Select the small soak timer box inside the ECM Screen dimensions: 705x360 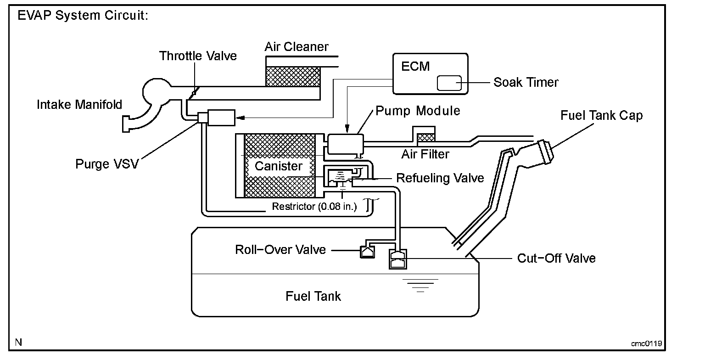coord(449,83)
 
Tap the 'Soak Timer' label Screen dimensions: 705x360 coord(526,82)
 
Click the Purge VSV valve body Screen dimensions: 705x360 coord(221,118)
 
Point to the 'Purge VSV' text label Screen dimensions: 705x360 coord(107,164)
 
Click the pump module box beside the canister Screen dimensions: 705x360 coord(345,144)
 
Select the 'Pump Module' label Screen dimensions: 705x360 coord(418,111)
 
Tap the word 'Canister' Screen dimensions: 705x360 coord(278,166)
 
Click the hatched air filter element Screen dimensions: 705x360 coord(425,138)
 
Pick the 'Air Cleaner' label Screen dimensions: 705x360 coord(296,47)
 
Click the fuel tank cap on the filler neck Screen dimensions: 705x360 coord(546,152)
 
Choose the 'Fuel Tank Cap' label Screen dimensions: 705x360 coord(601,116)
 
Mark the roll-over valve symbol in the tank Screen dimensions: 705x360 coord(367,252)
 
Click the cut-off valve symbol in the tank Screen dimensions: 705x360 coord(398,259)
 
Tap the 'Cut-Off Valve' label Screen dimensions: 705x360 coord(556,258)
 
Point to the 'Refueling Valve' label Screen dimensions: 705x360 coord(440,178)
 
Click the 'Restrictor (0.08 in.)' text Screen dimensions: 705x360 coord(314,206)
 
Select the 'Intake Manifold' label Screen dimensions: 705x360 coord(79,105)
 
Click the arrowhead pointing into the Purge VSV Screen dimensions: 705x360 coord(240,118)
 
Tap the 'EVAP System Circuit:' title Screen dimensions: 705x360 coord(83,15)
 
